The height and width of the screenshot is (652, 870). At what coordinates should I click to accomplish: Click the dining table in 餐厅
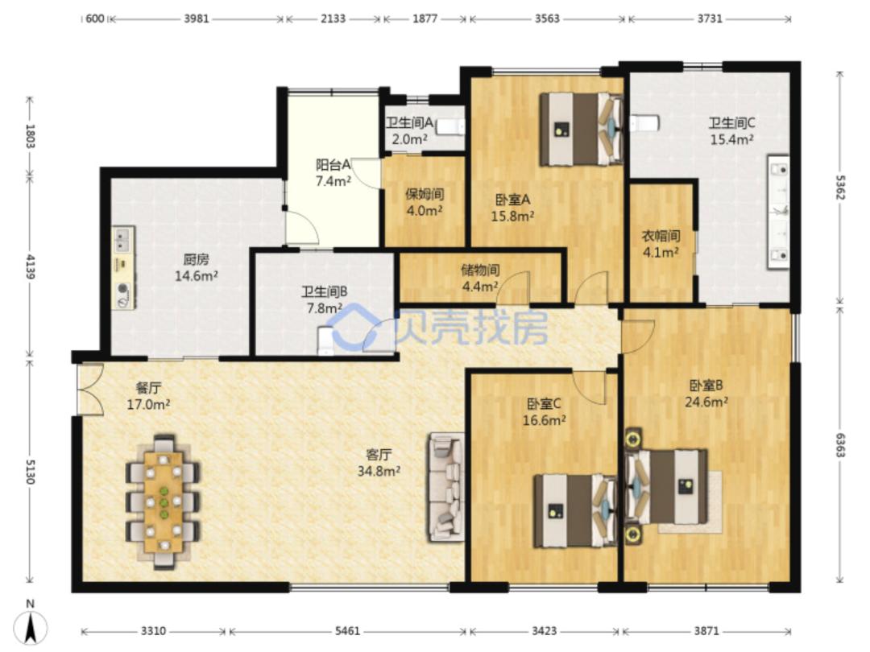[164, 501]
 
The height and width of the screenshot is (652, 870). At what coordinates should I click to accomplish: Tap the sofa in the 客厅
[445, 487]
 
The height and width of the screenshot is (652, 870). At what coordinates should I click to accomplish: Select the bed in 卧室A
[582, 129]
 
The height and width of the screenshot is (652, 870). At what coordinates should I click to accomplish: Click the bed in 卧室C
[575, 510]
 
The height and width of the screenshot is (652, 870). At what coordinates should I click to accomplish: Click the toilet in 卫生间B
[325, 340]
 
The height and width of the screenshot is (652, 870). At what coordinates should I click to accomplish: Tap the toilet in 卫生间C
[644, 122]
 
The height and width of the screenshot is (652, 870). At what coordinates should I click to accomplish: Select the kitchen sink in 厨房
[123, 240]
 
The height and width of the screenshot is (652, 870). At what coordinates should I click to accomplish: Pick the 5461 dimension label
[348, 631]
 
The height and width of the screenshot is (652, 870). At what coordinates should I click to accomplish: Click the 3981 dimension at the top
[197, 19]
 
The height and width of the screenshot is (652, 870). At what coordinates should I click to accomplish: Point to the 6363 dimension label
[840, 444]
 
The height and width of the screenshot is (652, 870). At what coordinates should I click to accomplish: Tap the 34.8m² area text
[379, 471]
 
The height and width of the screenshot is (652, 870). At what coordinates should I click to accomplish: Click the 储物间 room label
[480, 270]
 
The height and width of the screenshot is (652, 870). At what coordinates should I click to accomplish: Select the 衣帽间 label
[661, 236]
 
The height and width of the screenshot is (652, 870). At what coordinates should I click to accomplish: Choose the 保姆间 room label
[425, 194]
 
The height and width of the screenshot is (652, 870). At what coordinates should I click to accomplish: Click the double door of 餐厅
[90, 389]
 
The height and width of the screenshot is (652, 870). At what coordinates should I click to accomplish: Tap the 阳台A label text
[333, 165]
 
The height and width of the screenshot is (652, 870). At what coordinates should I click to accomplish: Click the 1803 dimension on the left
[31, 136]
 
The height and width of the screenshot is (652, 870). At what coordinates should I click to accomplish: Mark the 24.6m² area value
[706, 402]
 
